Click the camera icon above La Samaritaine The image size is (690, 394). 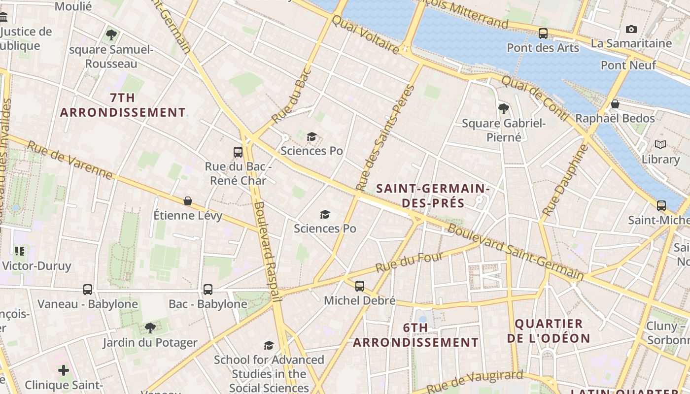(x=631, y=30)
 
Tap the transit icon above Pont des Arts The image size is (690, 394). (x=543, y=33)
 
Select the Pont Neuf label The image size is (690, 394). (x=628, y=65)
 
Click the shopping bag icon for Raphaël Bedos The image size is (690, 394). (x=615, y=104)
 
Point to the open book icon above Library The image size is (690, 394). (x=660, y=144)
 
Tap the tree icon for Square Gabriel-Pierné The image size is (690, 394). (x=503, y=108)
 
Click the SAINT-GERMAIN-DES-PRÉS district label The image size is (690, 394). (x=432, y=196)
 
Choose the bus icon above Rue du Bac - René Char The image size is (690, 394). (x=238, y=152)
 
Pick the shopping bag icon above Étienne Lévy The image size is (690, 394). (x=188, y=200)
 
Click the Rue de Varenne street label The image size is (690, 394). (x=69, y=160)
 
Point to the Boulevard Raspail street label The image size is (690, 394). (x=267, y=251)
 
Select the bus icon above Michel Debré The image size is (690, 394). (x=360, y=286)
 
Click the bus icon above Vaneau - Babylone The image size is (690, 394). (x=88, y=290)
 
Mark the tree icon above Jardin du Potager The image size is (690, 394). (x=150, y=328)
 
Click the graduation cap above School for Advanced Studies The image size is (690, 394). (x=269, y=345)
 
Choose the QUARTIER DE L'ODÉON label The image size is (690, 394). (x=549, y=331)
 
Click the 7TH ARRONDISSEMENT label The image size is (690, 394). (x=123, y=105)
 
